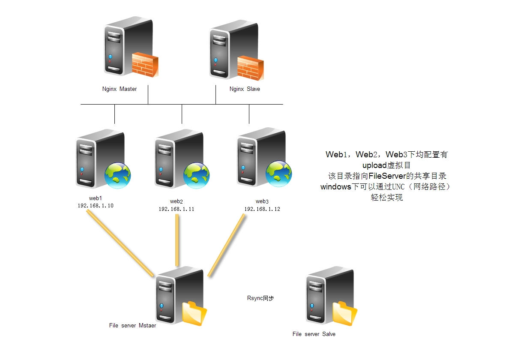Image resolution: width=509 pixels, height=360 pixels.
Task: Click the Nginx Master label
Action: [x=120, y=89]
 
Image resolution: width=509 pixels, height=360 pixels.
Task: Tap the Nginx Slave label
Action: [x=245, y=89]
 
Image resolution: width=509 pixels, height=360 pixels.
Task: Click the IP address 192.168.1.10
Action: [x=96, y=206]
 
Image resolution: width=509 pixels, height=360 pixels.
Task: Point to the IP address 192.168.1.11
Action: [x=177, y=209]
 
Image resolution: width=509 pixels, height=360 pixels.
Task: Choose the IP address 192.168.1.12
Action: [x=262, y=209]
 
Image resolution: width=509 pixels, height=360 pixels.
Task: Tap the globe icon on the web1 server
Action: [x=118, y=175]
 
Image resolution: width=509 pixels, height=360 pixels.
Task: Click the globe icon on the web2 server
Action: [x=196, y=175]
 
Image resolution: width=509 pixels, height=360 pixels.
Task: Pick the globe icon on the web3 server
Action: [x=278, y=174]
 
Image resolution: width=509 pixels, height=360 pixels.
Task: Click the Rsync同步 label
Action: [x=260, y=298]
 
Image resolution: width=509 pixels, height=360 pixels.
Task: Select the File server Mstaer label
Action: [x=132, y=325]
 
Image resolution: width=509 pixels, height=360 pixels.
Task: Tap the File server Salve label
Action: [x=314, y=334]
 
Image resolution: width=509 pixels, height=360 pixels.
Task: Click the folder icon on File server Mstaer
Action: [x=194, y=314]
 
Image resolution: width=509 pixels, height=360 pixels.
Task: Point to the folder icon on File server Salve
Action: [x=344, y=313]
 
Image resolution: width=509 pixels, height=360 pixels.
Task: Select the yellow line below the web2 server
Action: [x=177, y=240]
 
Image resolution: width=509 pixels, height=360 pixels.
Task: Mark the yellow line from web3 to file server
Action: [x=227, y=244]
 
